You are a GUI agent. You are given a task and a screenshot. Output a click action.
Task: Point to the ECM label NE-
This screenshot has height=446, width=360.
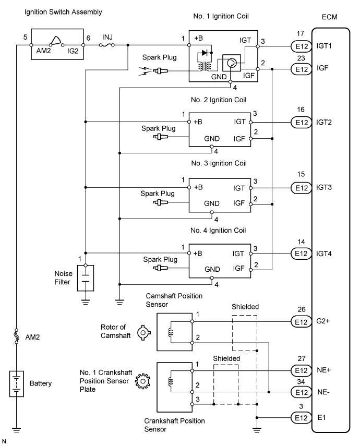(324, 392)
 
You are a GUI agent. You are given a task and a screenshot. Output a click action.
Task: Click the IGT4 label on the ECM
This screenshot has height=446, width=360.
(326, 254)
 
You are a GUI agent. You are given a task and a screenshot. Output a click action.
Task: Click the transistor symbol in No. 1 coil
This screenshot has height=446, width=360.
(232, 63)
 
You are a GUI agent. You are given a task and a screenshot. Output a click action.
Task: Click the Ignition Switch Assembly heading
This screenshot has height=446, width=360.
(63, 11)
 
